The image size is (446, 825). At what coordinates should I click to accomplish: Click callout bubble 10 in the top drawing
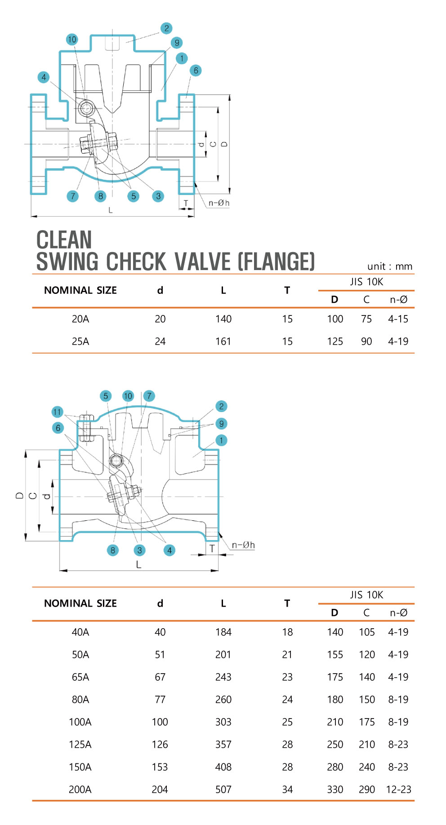click(72, 40)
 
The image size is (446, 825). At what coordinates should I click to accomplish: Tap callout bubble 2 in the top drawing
click(166, 28)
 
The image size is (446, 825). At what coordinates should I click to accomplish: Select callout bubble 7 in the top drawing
click(72, 196)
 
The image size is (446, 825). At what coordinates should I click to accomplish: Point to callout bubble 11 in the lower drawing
click(57, 412)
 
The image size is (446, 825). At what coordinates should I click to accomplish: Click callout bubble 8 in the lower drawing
click(112, 550)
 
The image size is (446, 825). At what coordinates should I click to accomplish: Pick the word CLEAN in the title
click(64, 240)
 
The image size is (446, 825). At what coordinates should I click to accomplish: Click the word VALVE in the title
click(203, 262)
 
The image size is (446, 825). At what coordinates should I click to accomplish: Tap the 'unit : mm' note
click(390, 266)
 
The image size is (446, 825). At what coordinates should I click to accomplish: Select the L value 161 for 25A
click(223, 342)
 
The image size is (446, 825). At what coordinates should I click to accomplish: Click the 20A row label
click(80, 319)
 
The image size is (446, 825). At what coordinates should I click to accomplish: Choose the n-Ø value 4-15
click(398, 319)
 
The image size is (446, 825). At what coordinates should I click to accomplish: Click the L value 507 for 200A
click(223, 790)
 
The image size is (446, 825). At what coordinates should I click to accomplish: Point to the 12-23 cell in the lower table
click(398, 790)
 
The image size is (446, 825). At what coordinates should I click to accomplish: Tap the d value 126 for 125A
click(160, 745)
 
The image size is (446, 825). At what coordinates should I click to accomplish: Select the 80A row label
click(80, 700)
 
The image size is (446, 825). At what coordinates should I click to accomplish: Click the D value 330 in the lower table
click(335, 790)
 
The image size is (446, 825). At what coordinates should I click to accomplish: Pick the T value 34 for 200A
click(287, 790)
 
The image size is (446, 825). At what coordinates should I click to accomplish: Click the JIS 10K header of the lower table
click(366, 595)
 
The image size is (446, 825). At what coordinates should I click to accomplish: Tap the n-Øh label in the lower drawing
click(243, 545)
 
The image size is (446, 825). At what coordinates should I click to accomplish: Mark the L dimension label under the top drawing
click(111, 210)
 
